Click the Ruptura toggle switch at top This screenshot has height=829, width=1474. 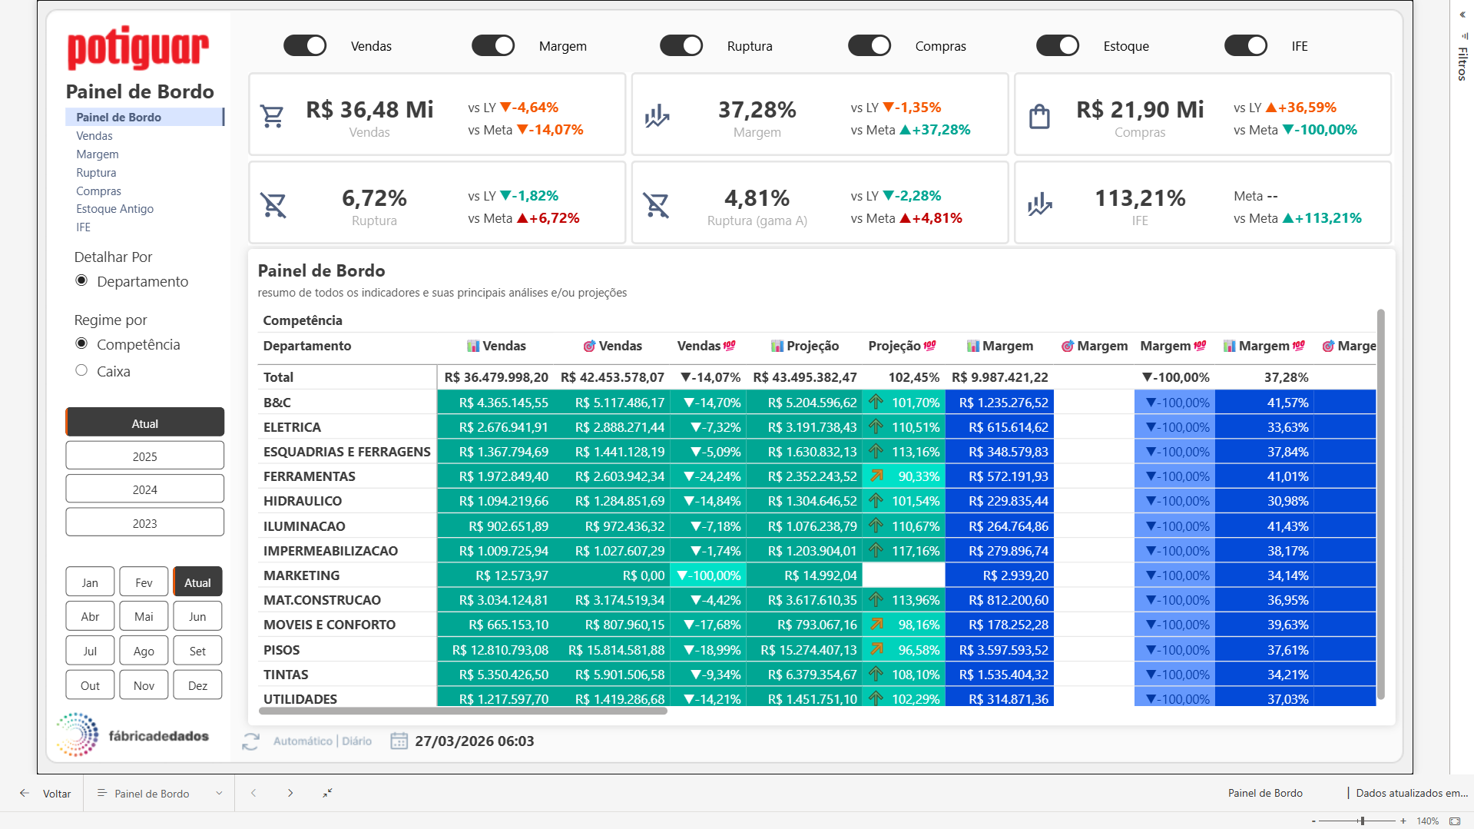(x=681, y=46)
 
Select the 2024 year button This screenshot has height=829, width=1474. (x=144, y=489)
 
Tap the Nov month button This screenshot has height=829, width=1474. (x=144, y=685)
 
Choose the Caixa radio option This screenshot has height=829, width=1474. (x=81, y=371)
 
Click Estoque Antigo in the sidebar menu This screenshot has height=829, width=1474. (x=114, y=209)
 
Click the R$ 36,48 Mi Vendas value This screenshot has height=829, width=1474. (x=369, y=110)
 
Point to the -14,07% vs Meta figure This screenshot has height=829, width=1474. (x=550, y=130)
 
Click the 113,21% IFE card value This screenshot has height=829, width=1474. (x=1140, y=198)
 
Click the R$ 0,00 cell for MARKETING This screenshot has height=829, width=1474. (x=643, y=575)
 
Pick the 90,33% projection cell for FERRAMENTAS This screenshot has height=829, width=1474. (x=918, y=476)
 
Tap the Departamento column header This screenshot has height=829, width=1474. (x=307, y=346)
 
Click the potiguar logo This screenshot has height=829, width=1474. (x=138, y=48)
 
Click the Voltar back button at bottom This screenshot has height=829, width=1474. (x=46, y=794)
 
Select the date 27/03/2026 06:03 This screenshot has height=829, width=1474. (x=474, y=741)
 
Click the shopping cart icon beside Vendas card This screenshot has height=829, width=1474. (x=273, y=116)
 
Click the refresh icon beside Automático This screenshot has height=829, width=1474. (x=250, y=741)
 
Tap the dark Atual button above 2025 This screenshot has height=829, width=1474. (x=144, y=423)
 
